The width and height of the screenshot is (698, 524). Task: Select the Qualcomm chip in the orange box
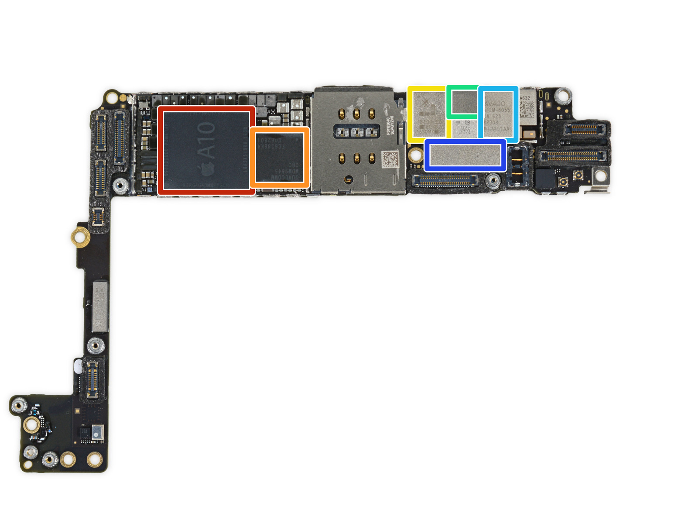tap(280, 157)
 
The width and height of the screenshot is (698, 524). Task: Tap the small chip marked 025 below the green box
tap(465, 128)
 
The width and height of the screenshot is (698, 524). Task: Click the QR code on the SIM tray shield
tap(390, 159)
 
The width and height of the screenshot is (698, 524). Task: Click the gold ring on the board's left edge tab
tap(80, 237)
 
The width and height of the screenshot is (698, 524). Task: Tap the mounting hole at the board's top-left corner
tap(112, 97)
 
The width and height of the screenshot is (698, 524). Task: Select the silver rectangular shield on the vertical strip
tap(100, 306)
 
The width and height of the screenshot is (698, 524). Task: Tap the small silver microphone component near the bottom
tap(97, 432)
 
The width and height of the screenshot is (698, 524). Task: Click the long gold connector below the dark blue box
tap(445, 180)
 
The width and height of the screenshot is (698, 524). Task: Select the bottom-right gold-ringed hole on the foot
tap(94, 458)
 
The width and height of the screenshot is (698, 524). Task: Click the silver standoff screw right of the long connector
tap(493, 180)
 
